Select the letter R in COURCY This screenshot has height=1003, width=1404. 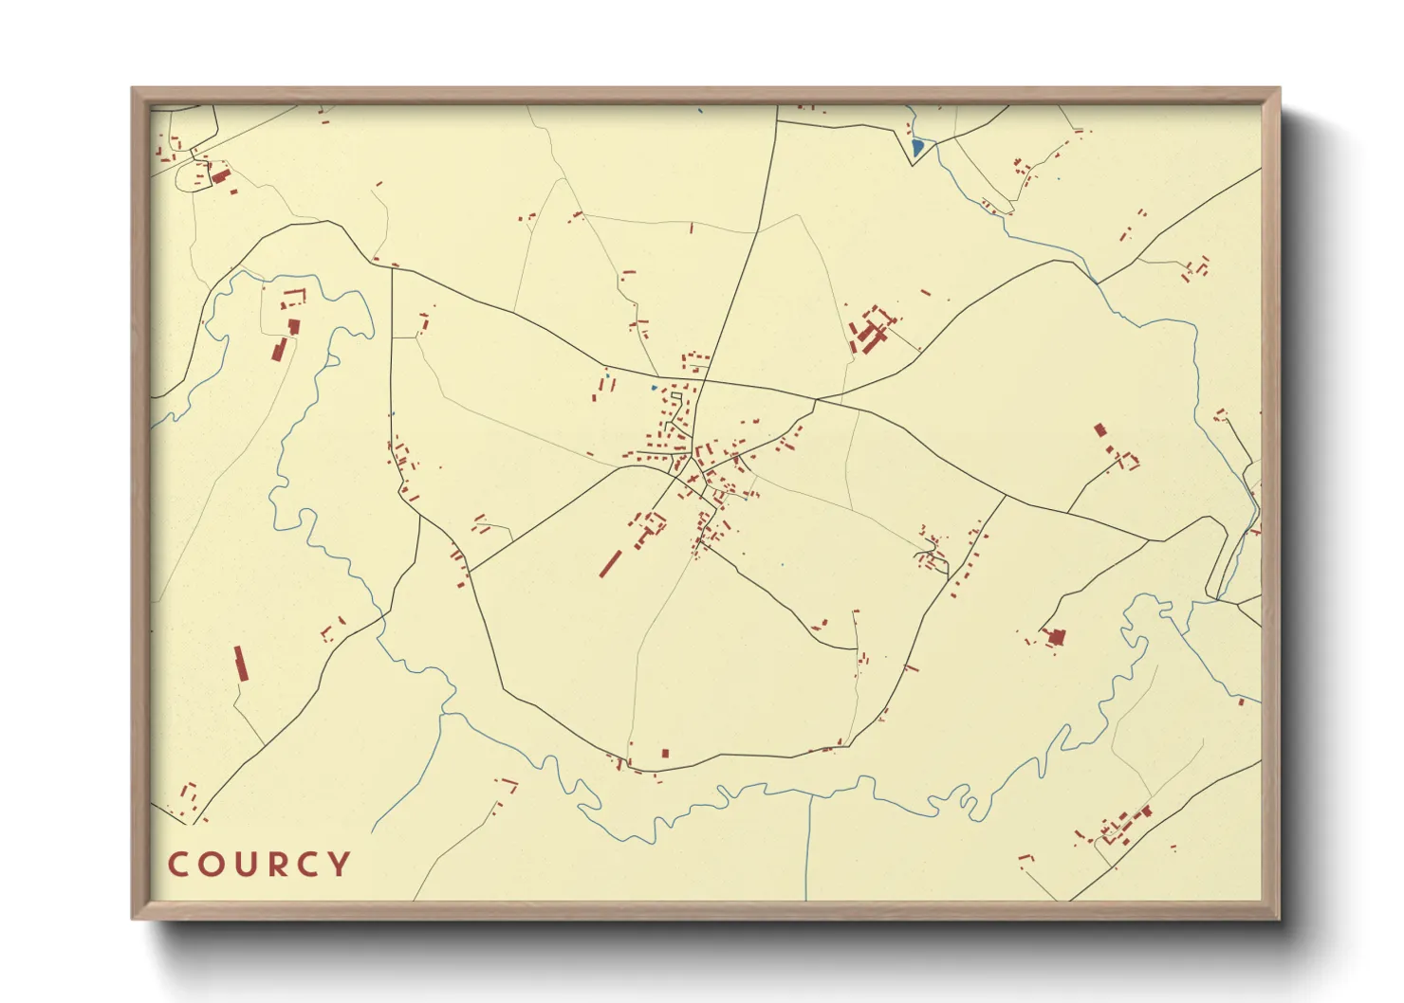click(x=281, y=865)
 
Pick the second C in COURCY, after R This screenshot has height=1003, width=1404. click(x=310, y=865)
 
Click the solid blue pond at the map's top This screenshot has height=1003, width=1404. click(x=916, y=148)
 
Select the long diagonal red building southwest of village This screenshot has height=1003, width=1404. click(x=610, y=563)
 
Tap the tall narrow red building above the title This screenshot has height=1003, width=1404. click(x=240, y=664)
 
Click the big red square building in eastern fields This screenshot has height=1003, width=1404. click(x=1055, y=637)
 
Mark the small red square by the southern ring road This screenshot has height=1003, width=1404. click(x=665, y=754)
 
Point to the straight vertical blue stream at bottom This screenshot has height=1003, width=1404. click(x=807, y=844)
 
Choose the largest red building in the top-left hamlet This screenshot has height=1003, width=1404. click(x=220, y=176)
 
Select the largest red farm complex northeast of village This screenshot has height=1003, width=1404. click(x=871, y=332)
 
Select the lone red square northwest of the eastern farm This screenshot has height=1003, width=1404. click(x=1100, y=429)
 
